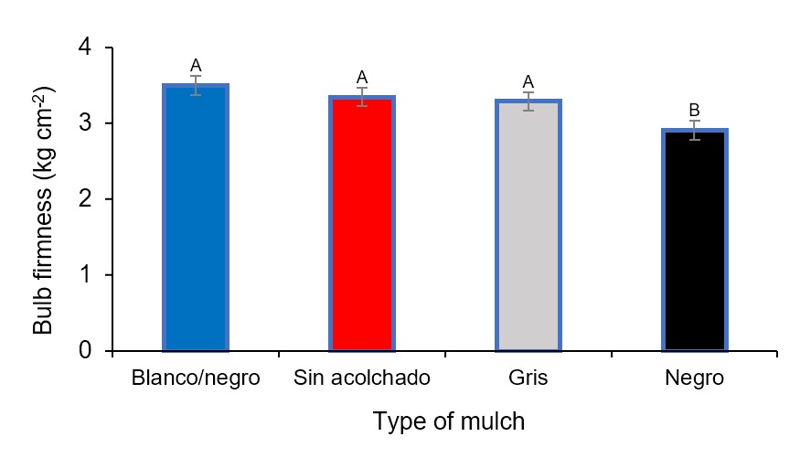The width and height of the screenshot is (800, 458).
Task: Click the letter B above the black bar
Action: [695, 111]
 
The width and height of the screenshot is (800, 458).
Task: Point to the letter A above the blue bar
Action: [195, 66]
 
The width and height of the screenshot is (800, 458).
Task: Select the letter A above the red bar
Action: [362, 78]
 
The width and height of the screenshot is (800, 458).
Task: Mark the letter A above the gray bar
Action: [528, 81]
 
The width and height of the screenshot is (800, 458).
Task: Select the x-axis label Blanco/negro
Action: [195, 378]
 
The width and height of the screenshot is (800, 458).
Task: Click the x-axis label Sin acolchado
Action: [362, 378]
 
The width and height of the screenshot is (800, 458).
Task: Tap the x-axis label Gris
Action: [528, 378]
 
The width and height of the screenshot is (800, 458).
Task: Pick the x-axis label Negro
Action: [695, 378]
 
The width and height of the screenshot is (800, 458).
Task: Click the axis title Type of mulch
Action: [449, 421]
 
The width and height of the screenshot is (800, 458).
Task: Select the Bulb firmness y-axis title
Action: [43, 209]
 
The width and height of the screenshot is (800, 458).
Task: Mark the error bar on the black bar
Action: [695, 130]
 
